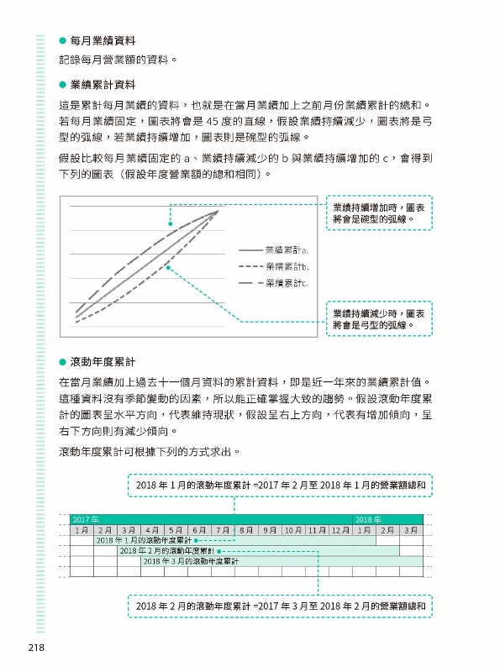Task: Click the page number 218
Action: coord(35,648)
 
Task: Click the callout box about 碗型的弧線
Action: coord(379,213)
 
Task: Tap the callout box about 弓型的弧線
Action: coord(379,318)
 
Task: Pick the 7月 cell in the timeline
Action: coord(222,530)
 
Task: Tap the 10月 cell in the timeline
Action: coord(293,530)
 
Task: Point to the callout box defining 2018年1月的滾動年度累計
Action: coord(281,485)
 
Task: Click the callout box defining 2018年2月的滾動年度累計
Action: coord(281,605)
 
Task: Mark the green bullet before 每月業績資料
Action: coord(62,40)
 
